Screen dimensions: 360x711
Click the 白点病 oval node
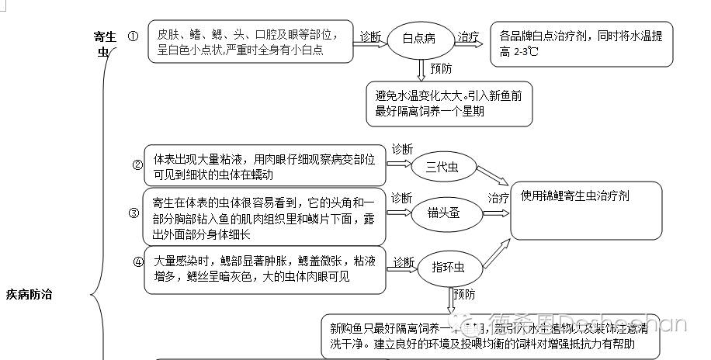[423, 38]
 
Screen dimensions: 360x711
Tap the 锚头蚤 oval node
[443, 212]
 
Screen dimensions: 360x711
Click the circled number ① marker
[133, 36]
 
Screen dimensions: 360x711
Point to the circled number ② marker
[137, 164]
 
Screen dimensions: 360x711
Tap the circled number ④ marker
[138, 261]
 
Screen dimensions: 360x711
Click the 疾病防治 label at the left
[29, 294]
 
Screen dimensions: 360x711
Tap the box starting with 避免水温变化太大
[449, 104]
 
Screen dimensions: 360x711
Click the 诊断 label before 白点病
[370, 36]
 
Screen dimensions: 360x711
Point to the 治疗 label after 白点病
[468, 36]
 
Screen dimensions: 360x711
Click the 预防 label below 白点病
[441, 68]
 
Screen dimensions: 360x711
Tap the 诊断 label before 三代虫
[402, 149]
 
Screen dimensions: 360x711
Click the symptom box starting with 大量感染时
[264, 269]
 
